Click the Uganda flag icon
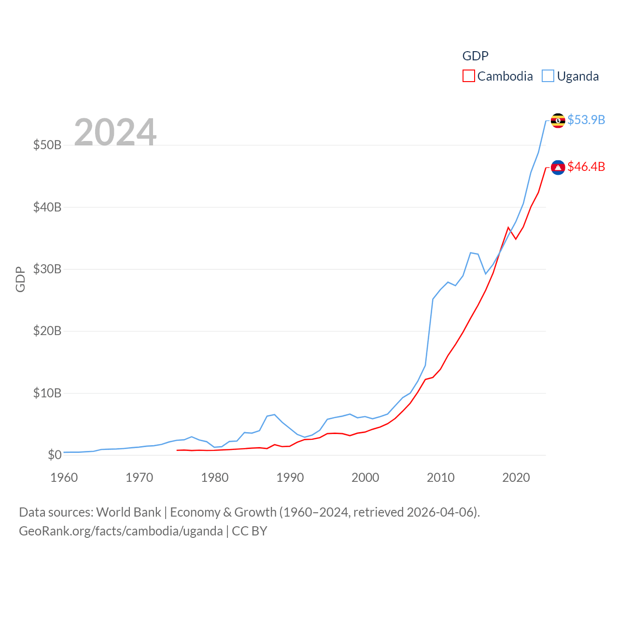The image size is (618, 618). tap(558, 120)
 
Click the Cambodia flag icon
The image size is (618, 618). tap(558, 167)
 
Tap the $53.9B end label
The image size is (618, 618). tap(586, 120)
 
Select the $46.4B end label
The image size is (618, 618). tap(586, 167)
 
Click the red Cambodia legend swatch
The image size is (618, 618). tap(468, 76)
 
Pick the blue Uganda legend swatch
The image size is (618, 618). tap(548, 76)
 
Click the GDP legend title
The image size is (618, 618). tap(475, 56)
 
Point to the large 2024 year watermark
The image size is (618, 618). tap(115, 132)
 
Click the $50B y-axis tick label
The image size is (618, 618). tap(47, 145)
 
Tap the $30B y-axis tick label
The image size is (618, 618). tap(47, 269)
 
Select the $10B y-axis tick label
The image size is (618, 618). tap(47, 393)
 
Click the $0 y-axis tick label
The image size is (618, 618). tap(54, 455)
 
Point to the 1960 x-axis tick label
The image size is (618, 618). tap(64, 478)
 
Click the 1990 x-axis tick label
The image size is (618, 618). tap(290, 478)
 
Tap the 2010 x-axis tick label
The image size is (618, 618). tap(440, 478)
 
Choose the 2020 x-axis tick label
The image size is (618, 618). tap(516, 478)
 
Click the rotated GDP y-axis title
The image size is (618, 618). tap(20, 279)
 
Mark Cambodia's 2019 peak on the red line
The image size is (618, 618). tap(508, 227)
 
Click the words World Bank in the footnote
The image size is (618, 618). tap(128, 512)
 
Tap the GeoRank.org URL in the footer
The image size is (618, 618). tap(121, 531)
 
